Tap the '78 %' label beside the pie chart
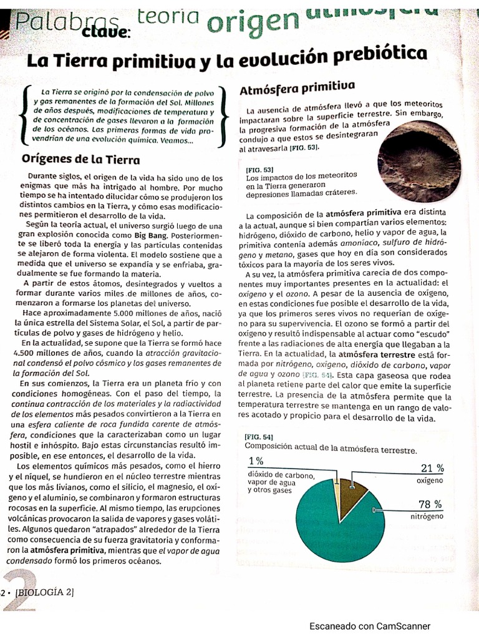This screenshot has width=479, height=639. [430, 504]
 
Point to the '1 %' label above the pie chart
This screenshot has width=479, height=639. [256, 461]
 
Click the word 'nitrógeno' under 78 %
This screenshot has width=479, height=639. [427, 517]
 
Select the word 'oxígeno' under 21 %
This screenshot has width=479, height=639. [430, 480]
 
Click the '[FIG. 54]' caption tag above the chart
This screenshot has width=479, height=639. [259, 437]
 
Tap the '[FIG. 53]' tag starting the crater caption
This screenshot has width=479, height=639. [258, 169]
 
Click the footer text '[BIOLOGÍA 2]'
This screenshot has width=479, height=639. [44, 592]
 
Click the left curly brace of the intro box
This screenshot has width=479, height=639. [23, 116]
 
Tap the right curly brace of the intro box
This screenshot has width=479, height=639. [223, 117]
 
